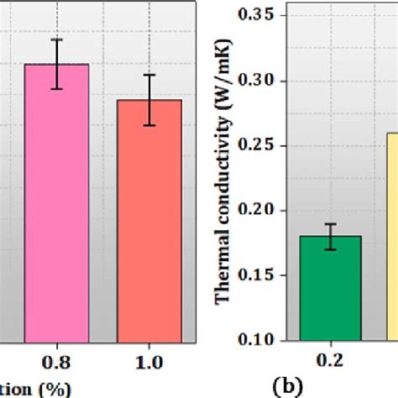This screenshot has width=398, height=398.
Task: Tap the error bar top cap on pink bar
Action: tap(57, 39)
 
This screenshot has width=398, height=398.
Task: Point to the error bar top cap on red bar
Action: tap(149, 75)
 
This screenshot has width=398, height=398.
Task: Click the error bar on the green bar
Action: tap(330, 236)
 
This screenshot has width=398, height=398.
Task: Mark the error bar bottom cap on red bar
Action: tap(149, 125)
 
